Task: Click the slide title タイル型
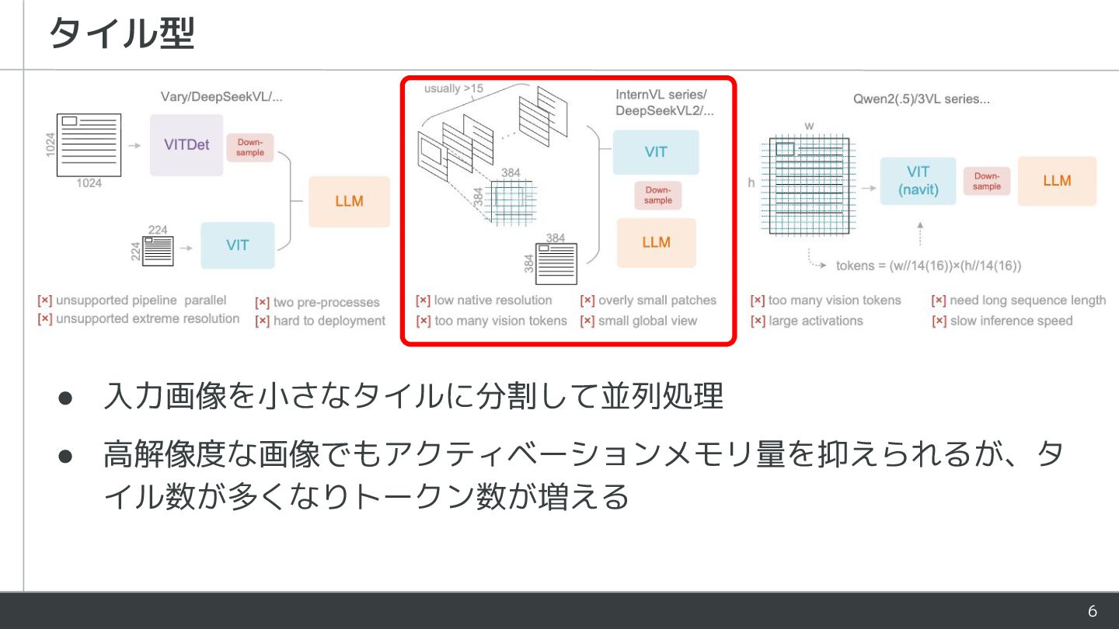pos(121,34)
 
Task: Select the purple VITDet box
pos(186,144)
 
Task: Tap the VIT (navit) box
pos(918,181)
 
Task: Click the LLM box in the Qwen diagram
pos(1057,181)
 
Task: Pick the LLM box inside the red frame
pos(656,242)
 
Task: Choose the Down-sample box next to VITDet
pos(250,148)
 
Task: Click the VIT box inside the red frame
pos(656,152)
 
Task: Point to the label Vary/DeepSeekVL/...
pos(221,97)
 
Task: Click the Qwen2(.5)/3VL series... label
pos(921,99)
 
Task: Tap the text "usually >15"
pos(453,89)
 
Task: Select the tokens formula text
pos(929,266)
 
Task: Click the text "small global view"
pos(647,321)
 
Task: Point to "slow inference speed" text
pos(1011,321)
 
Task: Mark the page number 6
pos(1092,611)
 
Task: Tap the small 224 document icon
pos(159,251)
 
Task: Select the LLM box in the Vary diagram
pos(349,201)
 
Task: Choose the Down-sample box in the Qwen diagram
pos(987,181)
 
